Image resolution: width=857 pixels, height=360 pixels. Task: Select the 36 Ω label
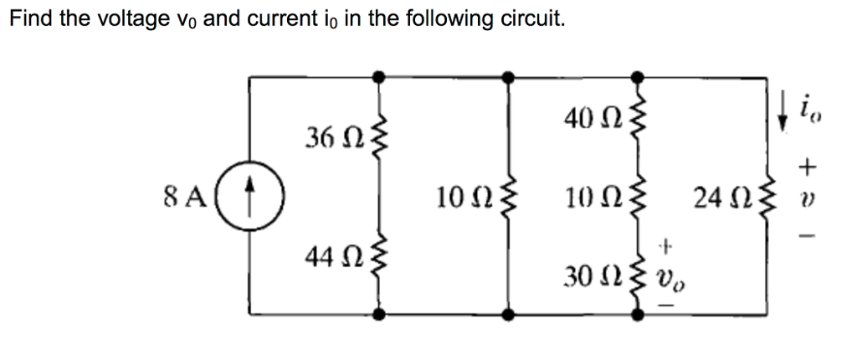coord(328,136)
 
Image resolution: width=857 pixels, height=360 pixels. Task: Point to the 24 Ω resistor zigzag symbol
coord(767,200)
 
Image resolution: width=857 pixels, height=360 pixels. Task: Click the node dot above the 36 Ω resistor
coord(378,76)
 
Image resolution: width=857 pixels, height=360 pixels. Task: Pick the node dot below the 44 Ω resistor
coord(378,315)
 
